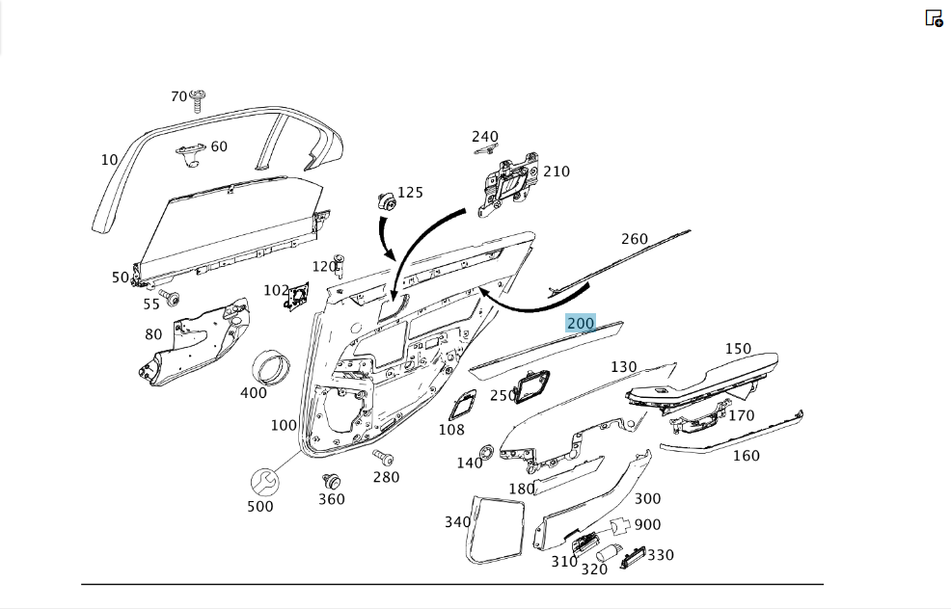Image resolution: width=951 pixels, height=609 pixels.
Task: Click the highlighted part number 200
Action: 581,324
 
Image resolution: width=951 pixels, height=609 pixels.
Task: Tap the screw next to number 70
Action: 197,101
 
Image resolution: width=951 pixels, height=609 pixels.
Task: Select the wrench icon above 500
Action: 264,483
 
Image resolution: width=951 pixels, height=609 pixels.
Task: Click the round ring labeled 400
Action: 271,367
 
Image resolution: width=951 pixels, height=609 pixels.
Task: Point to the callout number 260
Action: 635,239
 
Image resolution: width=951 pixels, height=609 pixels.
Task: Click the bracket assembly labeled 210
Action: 508,185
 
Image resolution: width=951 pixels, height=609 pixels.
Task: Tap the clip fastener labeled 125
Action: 387,201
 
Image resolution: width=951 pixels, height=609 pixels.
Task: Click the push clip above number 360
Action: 331,482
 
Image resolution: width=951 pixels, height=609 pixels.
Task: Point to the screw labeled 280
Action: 383,458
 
